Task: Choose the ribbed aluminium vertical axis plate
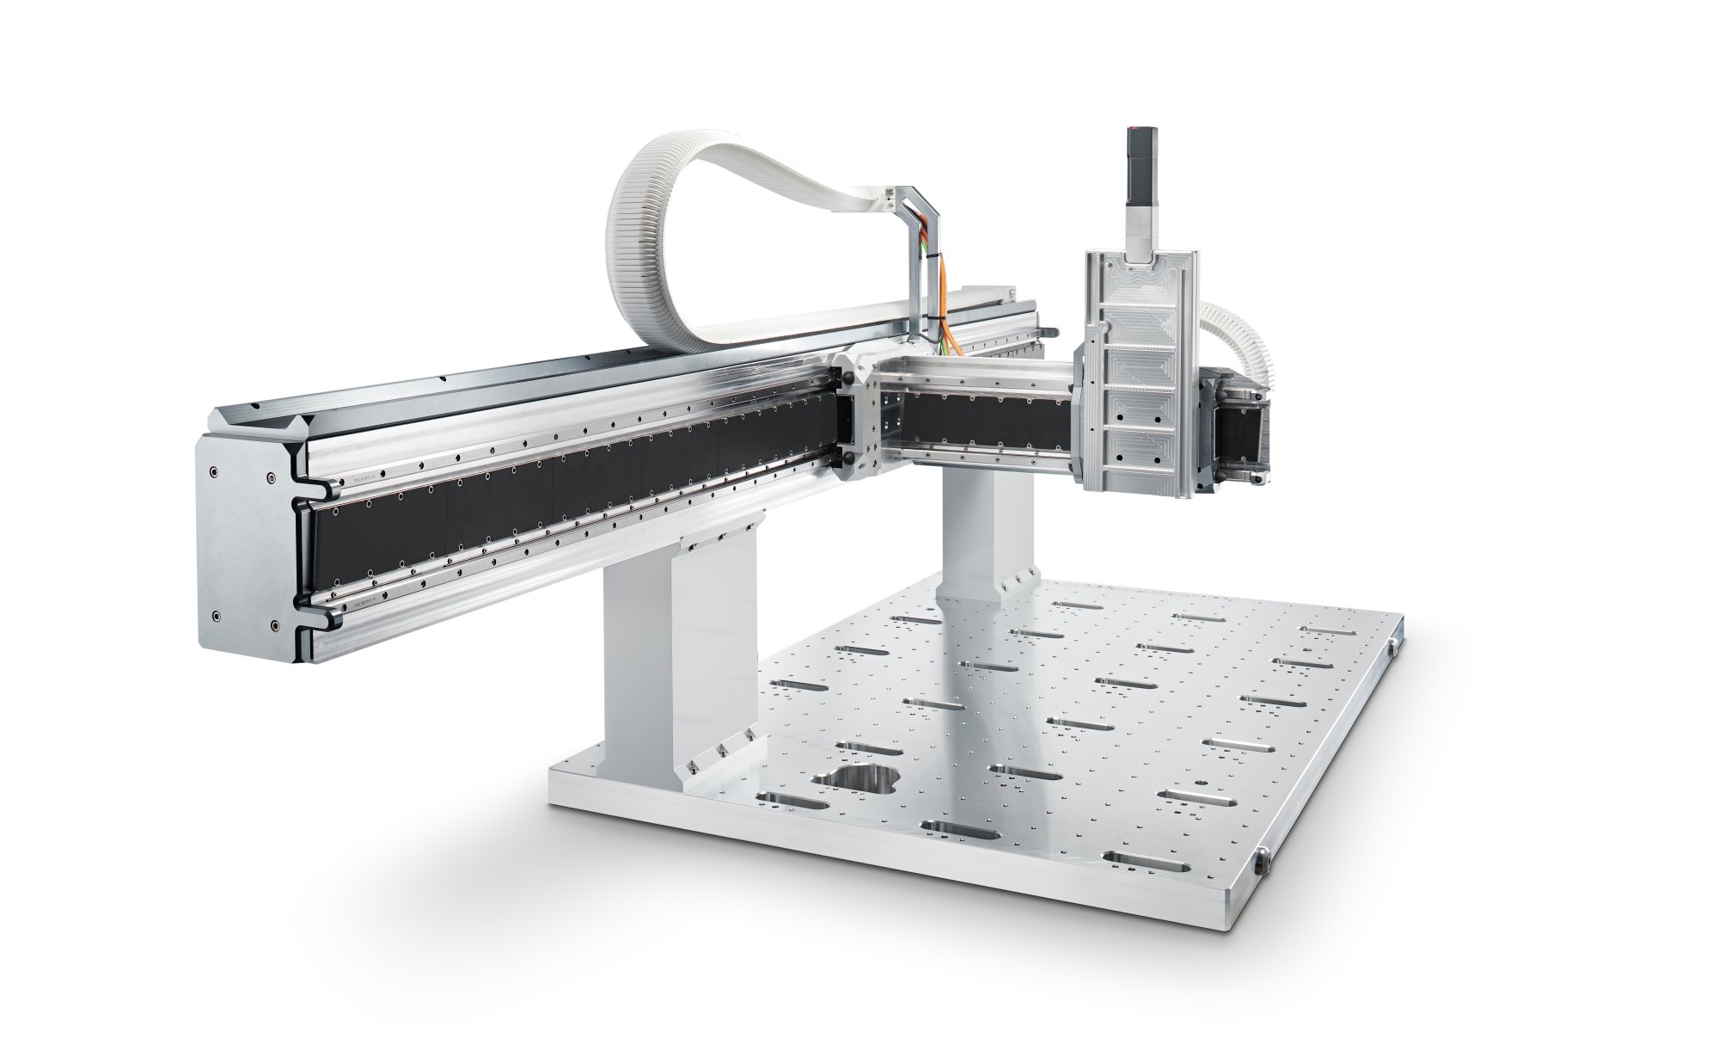coord(1139,370)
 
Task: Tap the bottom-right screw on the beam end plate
coord(273,625)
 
